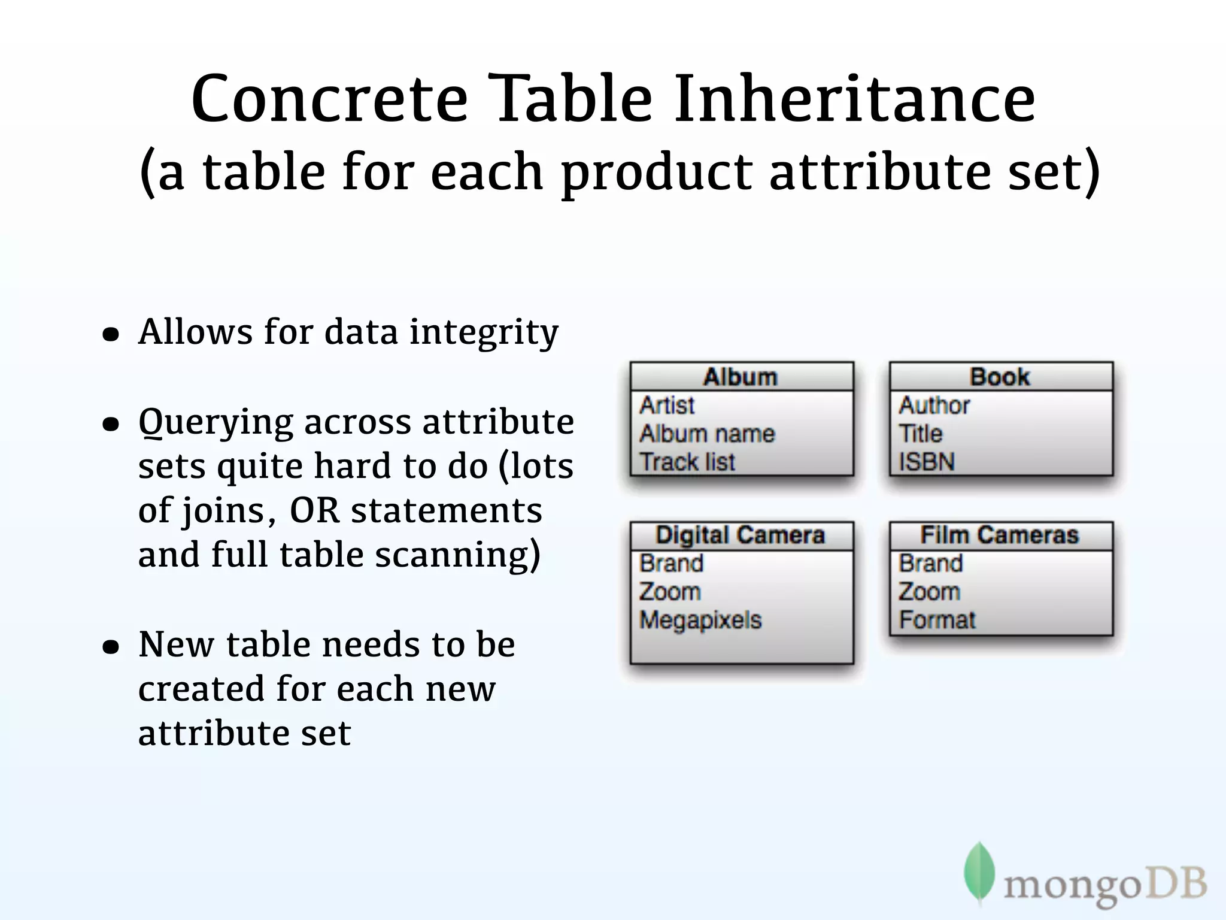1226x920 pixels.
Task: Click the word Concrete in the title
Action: point(329,99)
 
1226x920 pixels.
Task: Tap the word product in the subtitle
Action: point(656,172)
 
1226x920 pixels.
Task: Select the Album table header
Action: point(741,377)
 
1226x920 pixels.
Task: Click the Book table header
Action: point(1000,377)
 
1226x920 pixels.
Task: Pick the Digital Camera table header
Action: point(741,535)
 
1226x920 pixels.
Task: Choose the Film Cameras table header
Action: point(1000,535)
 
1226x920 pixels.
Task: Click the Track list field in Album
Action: point(687,462)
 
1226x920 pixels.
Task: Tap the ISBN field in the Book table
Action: point(927,462)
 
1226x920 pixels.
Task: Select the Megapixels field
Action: point(700,620)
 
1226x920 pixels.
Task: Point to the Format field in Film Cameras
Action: point(937,620)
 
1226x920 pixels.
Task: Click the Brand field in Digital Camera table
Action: point(671,564)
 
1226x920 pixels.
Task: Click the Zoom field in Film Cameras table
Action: point(929,592)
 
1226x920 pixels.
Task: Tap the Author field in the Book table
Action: point(934,405)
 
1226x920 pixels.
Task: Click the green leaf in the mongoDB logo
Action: point(979,872)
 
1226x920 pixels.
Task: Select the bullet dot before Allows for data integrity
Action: point(111,334)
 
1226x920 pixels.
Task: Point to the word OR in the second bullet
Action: point(315,511)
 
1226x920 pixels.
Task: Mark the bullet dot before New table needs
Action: point(111,647)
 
